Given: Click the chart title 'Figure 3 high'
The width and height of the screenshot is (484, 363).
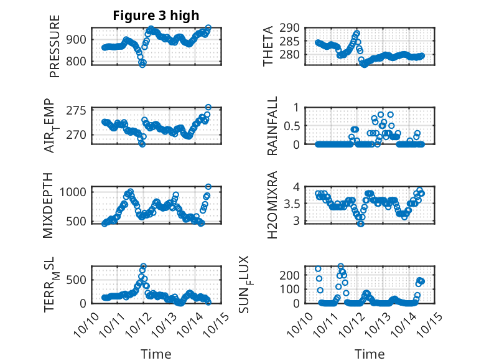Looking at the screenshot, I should pyautogui.click(x=156, y=16).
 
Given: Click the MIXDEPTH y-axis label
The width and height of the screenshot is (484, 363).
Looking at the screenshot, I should pyautogui.click(x=49, y=205).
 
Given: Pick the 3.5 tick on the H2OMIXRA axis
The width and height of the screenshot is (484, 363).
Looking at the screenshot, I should pyautogui.click(x=296, y=204).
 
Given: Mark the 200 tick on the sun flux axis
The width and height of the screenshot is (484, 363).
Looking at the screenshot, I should pyautogui.click(x=294, y=275).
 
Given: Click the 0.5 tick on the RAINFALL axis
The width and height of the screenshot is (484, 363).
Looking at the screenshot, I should pyautogui.click(x=296, y=126).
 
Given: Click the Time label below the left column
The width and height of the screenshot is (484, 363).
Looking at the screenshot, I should pyautogui.click(x=156, y=354).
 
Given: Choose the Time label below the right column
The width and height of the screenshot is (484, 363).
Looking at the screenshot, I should pyautogui.click(x=370, y=354).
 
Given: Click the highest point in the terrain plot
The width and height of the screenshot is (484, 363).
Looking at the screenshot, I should pyautogui.click(x=143, y=266).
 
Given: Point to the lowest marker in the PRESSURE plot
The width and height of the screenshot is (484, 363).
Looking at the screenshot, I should pyautogui.click(x=142, y=64).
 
